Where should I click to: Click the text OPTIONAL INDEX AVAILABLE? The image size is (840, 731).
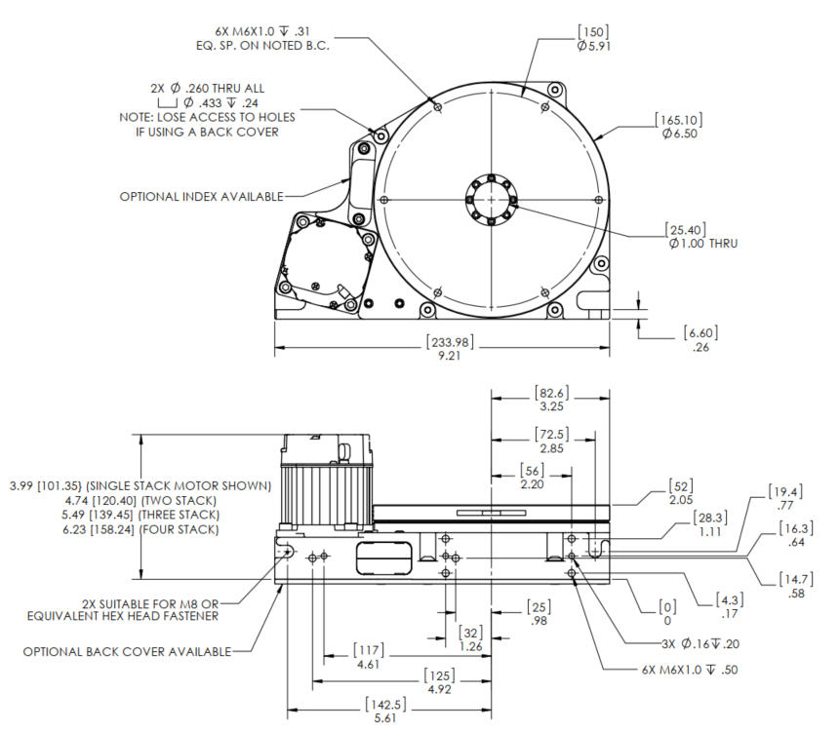201,196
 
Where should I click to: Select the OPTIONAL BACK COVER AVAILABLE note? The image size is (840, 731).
128,651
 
